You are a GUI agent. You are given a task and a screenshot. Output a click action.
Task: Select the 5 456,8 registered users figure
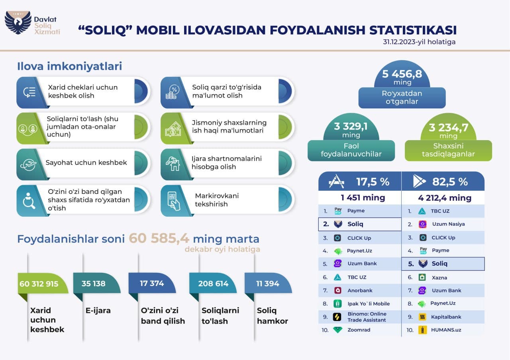402,74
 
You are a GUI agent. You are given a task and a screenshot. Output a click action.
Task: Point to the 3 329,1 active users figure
351,127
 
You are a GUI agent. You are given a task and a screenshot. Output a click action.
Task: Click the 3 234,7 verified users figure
448,128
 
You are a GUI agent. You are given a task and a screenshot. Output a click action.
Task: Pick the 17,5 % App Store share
373,182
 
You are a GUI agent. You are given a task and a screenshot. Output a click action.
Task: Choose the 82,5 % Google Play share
450,182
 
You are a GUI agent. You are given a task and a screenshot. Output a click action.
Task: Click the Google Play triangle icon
419,182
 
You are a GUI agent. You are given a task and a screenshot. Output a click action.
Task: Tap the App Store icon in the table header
336,182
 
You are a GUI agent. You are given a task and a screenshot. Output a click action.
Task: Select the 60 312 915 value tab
39,284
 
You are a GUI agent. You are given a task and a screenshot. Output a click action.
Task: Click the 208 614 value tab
214,284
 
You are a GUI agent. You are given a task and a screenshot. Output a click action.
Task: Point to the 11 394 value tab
268,284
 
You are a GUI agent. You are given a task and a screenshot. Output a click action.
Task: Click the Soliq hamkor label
272,316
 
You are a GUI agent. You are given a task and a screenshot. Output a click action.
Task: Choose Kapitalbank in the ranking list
446,317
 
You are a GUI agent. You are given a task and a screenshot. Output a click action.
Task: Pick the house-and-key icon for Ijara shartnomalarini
173,163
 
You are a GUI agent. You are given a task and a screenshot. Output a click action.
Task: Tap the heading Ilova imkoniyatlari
69,66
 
